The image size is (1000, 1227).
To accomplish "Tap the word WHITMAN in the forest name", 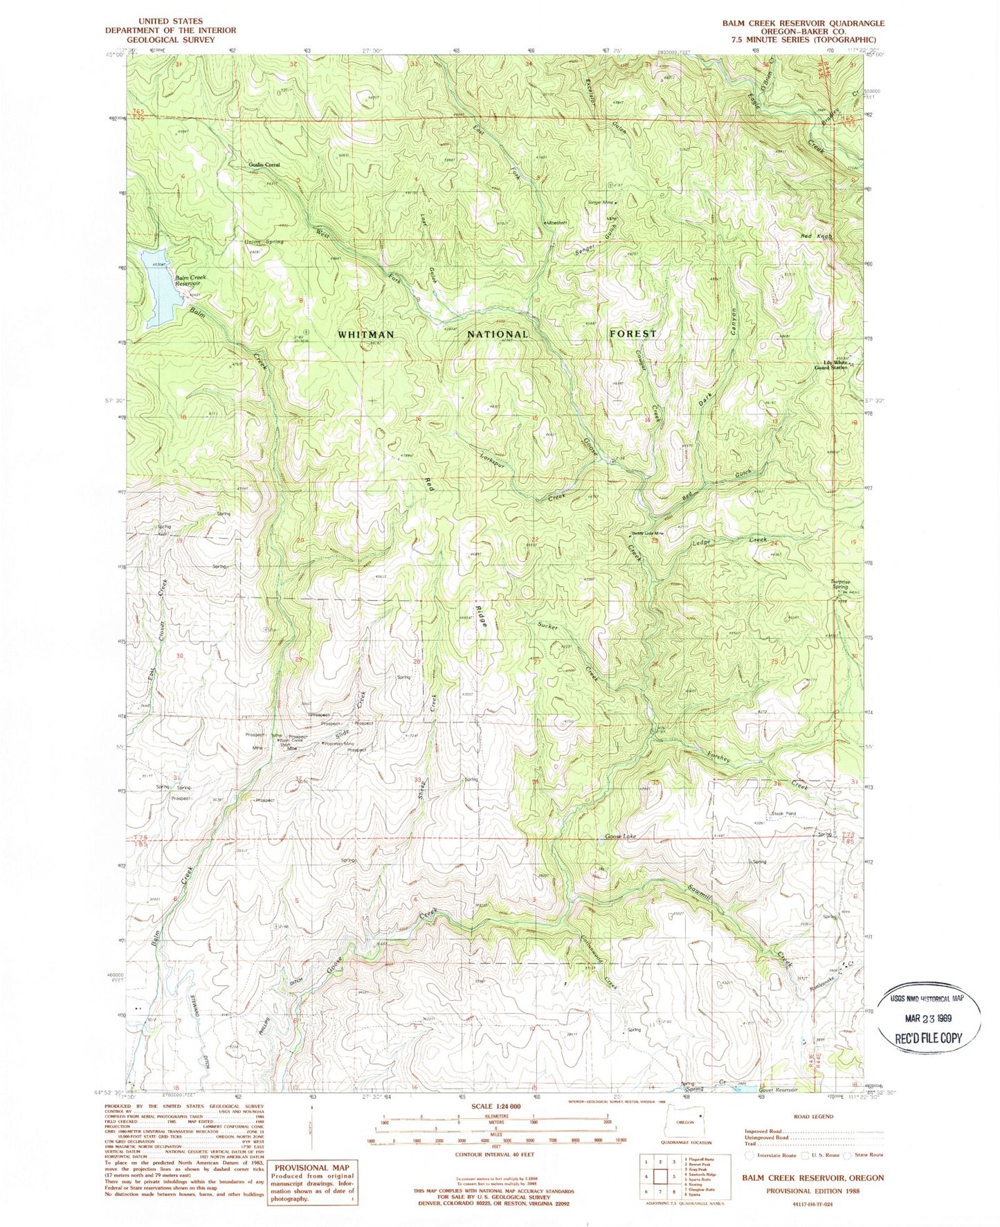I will [x=366, y=334].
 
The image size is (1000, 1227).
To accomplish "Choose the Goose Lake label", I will [x=621, y=837].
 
